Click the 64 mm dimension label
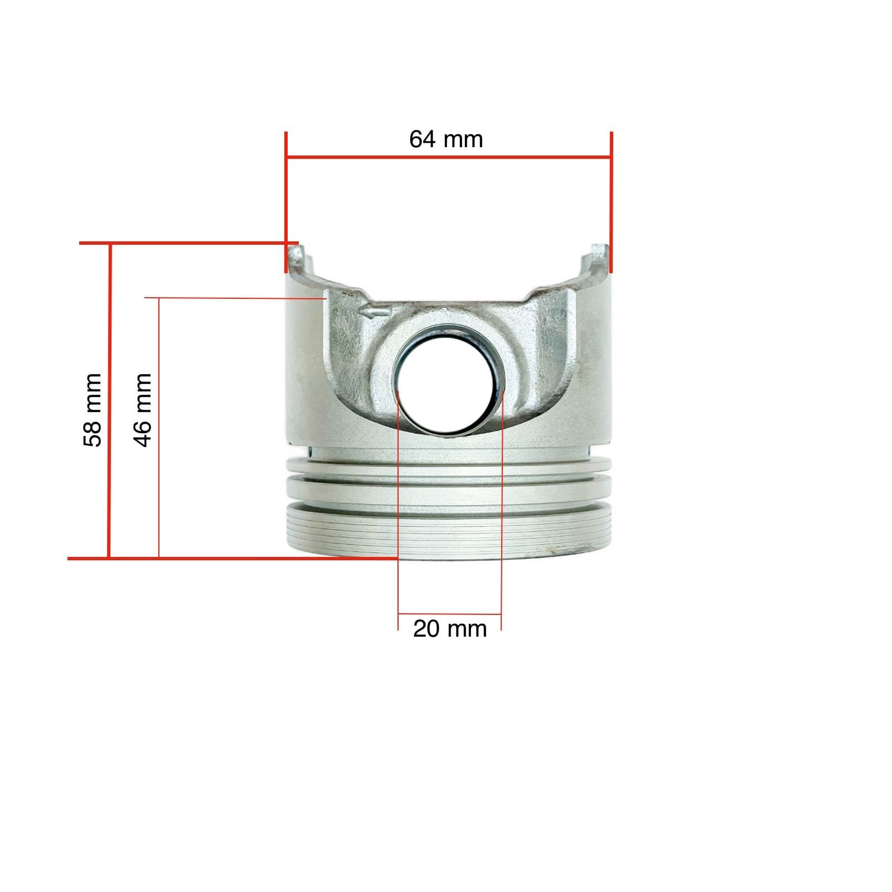tap(446, 139)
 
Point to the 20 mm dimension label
tap(449, 629)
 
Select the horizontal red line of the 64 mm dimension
tap(446, 158)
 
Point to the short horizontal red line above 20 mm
tap(449, 614)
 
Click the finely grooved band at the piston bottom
tap(449, 532)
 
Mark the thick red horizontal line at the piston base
tap(223, 557)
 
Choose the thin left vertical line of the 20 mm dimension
tap(398, 502)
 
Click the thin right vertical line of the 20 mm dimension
tap(502, 502)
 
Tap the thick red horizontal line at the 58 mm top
tap(184, 243)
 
